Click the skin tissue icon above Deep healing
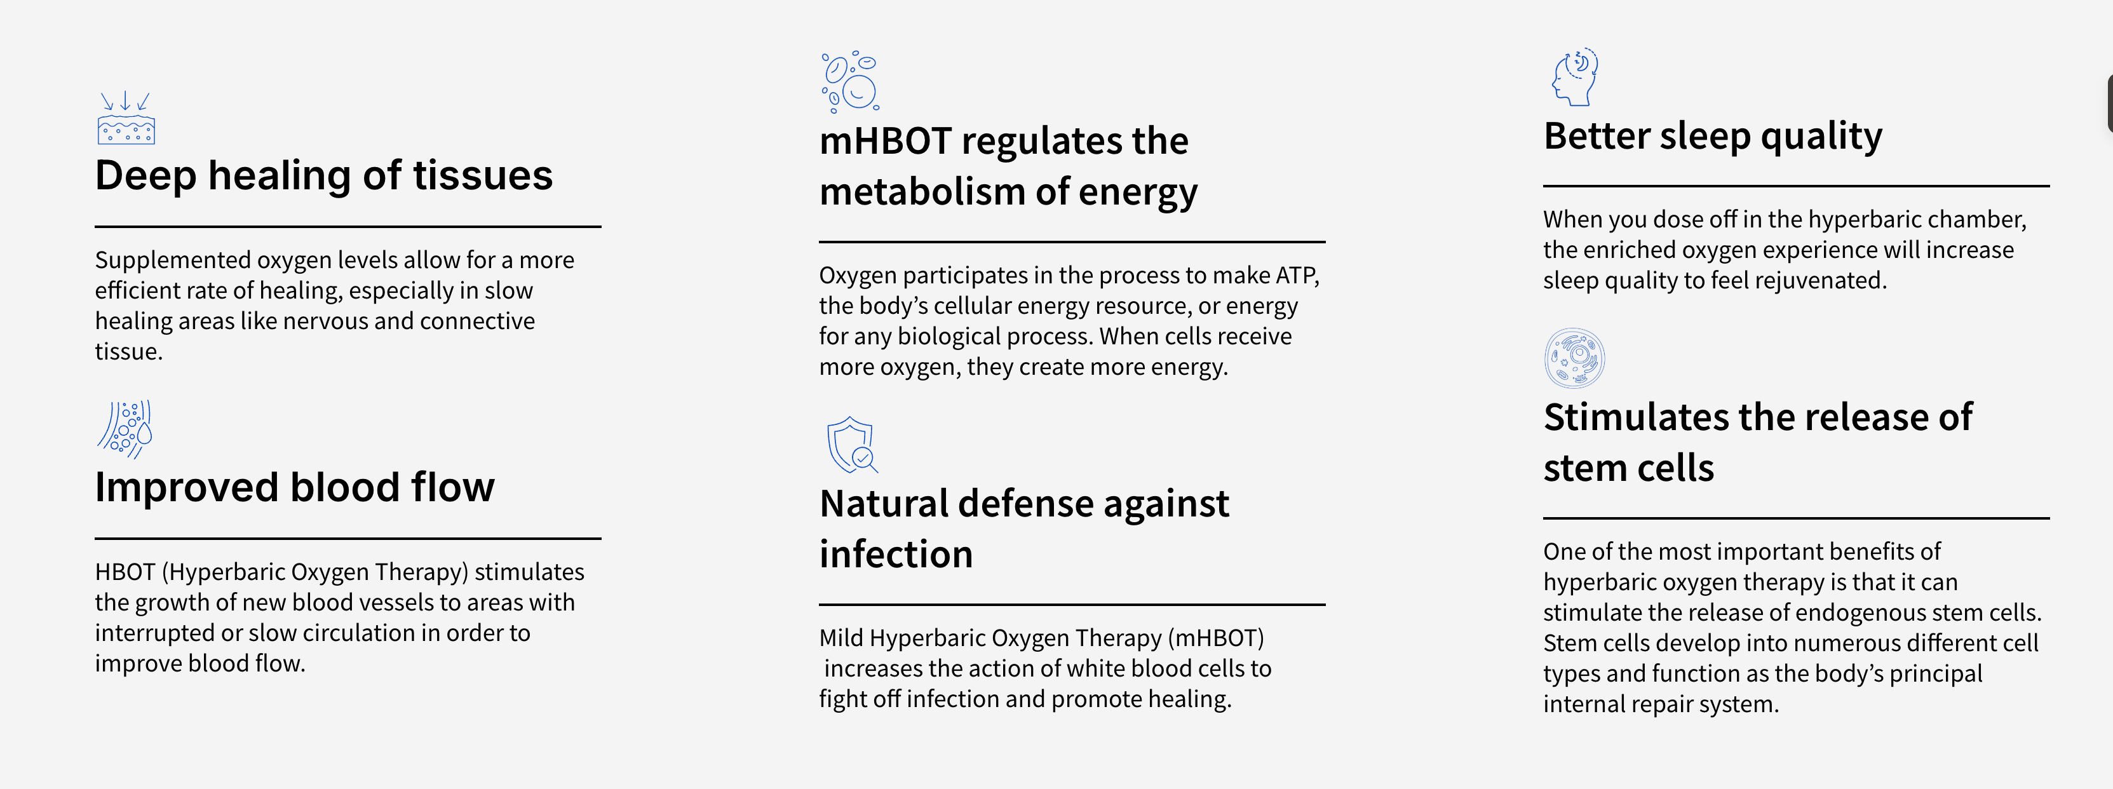pos(126,118)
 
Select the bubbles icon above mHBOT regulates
pos(851,81)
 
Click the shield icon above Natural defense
pos(851,445)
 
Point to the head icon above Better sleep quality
pos(1575,76)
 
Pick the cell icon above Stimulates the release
pos(1574,358)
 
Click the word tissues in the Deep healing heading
pos(482,175)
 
